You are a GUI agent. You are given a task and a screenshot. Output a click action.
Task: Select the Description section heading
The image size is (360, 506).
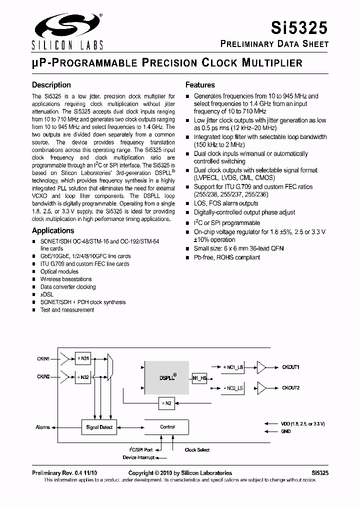coord(51,85)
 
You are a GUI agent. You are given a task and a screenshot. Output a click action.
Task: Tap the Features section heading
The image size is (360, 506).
coord(200,85)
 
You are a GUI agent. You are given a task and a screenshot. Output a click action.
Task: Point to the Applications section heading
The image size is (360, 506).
coord(53,230)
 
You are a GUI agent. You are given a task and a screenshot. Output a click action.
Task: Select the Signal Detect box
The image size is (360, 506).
coord(99,427)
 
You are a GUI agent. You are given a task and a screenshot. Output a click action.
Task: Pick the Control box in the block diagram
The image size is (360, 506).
coord(167,427)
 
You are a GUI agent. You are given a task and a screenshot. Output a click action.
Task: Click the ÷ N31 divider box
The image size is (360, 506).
coord(82,358)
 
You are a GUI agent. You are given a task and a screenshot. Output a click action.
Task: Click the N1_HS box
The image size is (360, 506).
coord(199,378)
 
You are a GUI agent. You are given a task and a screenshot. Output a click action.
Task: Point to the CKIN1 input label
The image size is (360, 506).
coord(43,358)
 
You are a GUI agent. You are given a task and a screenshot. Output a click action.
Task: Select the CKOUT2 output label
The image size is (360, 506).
coord(290,388)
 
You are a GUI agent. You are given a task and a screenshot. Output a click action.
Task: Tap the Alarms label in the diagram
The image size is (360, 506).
coord(42,427)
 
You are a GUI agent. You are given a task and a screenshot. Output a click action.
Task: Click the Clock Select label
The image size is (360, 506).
coord(197,450)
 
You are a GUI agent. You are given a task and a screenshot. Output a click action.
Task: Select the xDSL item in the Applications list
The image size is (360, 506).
coord(46,294)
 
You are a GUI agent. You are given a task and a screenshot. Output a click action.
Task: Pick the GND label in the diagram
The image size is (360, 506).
coord(286,431)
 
